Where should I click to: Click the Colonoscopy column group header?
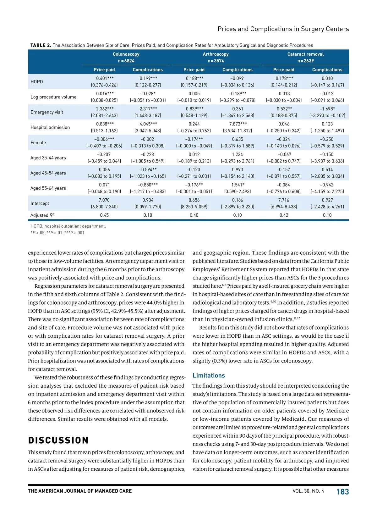[x=126, y=54]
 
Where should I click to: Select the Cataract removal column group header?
[x=305, y=54]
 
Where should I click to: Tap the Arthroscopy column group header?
[x=216, y=54]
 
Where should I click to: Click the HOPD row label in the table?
[x=37, y=82]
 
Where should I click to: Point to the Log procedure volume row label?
[x=53, y=97]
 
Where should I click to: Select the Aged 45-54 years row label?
[x=48, y=173]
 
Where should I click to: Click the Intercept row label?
[x=40, y=203]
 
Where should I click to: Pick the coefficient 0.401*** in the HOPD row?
[x=105, y=78]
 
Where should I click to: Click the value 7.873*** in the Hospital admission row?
[x=238, y=124]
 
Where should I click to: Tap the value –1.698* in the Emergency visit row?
[x=327, y=109]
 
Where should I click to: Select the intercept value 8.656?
[x=194, y=200]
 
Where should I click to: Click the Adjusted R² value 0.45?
[x=104, y=215]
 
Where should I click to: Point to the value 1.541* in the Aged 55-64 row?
[x=238, y=185]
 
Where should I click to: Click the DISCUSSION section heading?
[x=58, y=440]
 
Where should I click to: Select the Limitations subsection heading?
[x=209, y=375]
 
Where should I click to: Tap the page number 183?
[x=342, y=492]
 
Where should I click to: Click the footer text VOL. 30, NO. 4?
[x=308, y=491]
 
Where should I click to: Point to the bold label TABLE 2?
[x=41, y=45]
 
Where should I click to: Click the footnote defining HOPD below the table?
[x=68, y=226]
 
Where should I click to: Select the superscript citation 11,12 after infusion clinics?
[x=297, y=318]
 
